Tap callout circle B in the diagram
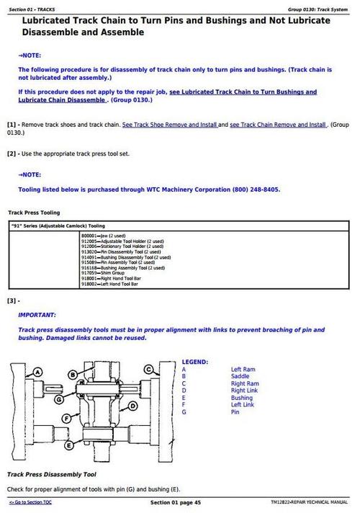(73, 374)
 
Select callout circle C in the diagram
(149, 369)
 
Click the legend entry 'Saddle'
(240, 376)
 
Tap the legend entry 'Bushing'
(241, 398)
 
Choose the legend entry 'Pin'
(235, 412)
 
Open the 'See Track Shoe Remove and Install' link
(169, 125)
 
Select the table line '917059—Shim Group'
(104, 273)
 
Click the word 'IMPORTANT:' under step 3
(37, 315)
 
